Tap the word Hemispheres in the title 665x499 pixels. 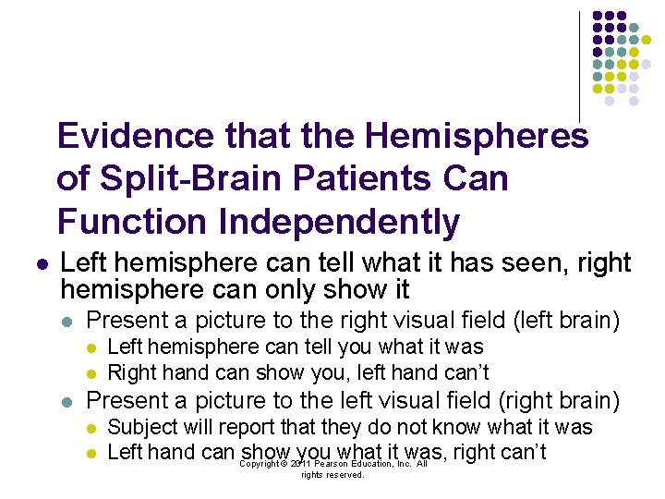[476, 137]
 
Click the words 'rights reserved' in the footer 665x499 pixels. [332, 475]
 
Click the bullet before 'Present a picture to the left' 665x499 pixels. [66, 401]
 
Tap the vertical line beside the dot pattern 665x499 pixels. [579, 65]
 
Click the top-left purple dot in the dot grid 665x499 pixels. [597, 17]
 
